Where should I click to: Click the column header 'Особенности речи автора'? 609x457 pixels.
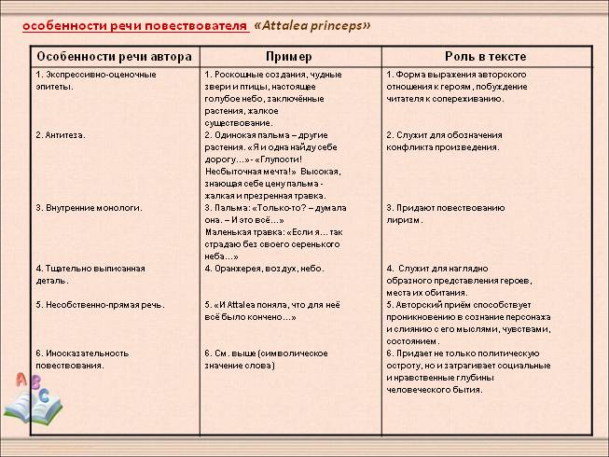[x=115, y=56]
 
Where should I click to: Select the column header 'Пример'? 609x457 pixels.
[x=290, y=56]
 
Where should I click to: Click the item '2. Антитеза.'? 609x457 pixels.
[x=60, y=135]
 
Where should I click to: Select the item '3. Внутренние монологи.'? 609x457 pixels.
[x=89, y=208]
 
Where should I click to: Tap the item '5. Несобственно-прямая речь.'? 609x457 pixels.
[x=99, y=305]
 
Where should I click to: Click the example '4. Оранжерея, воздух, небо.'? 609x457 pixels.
[x=265, y=269]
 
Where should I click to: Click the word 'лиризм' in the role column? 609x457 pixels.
[x=404, y=220]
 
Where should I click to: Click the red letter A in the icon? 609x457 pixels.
[x=20, y=381]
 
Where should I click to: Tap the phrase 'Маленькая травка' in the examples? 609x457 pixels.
[x=241, y=232]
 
